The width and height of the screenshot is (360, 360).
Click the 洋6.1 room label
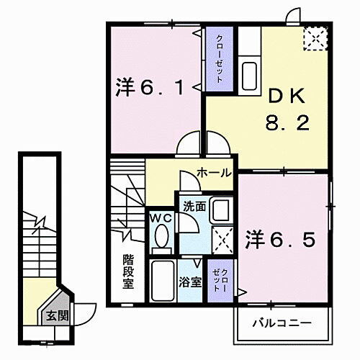[153, 89]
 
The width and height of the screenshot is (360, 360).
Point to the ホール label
[215, 173]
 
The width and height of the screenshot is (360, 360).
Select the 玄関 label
[55, 315]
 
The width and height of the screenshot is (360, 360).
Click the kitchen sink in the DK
[249, 73]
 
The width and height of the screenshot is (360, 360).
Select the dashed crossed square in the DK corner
[314, 39]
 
